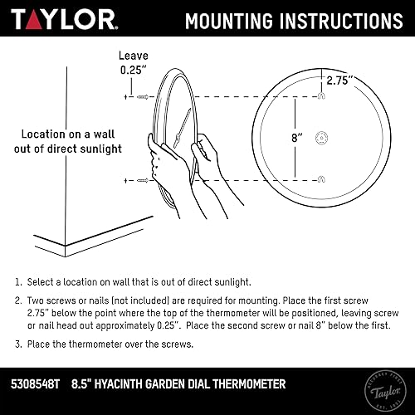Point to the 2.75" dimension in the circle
pos(339,81)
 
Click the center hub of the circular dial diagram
pos(320,141)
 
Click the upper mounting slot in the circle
pos(320,99)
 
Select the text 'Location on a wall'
pos(71,134)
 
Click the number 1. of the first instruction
pos(18,283)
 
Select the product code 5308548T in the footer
pos(37,384)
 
